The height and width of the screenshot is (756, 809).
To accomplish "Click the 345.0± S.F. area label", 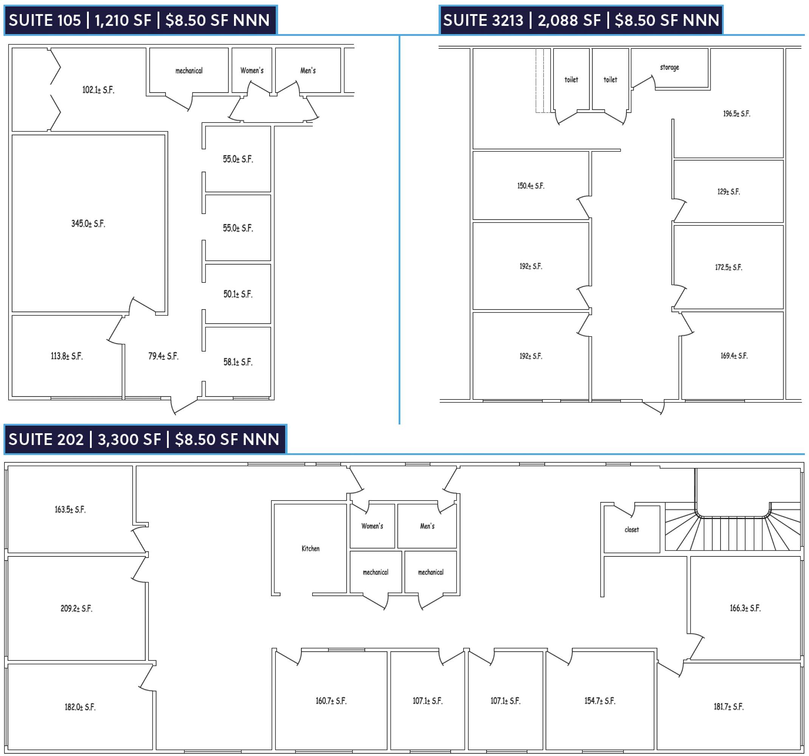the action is click(88, 223).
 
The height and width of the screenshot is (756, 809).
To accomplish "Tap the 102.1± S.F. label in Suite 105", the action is click(99, 90).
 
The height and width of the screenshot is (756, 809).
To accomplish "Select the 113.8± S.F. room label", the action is click(67, 356).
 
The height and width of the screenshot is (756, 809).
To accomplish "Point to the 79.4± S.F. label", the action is click(163, 356).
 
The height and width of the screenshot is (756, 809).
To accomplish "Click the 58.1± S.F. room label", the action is click(238, 362).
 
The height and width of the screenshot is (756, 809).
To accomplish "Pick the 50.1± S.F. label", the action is click(238, 294).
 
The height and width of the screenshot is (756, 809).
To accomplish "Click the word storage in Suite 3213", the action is click(670, 67).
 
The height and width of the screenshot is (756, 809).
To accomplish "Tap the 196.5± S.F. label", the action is click(736, 113).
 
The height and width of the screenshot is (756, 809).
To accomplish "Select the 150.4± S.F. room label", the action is click(531, 186).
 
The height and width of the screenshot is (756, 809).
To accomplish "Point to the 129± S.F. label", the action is click(728, 191).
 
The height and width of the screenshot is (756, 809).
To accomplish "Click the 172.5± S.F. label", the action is click(728, 267).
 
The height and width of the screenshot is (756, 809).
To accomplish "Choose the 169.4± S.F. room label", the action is click(734, 356).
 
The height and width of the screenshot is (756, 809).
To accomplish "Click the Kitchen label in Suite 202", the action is click(310, 548).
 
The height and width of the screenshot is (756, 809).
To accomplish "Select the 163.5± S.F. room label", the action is click(70, 510).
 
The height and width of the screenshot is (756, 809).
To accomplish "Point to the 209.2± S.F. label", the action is click(76, 608).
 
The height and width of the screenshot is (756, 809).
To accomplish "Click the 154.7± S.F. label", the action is click(600, 701).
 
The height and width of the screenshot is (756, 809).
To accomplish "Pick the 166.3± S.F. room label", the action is click(745, 608).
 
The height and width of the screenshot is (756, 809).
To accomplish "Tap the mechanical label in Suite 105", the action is click(189, 70).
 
